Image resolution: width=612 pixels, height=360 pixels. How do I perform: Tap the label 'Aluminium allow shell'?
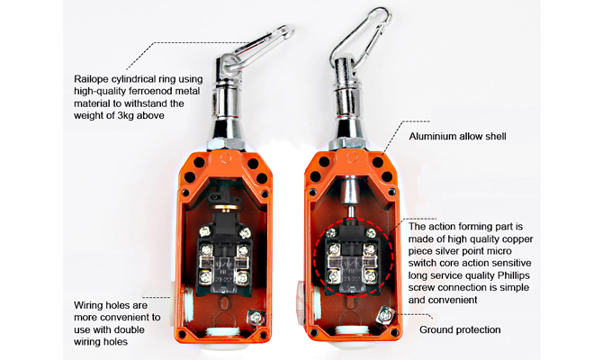(457, 136)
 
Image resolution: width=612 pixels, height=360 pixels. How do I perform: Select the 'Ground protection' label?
(460, 329)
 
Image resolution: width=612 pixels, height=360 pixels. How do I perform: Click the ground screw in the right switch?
(385, 315)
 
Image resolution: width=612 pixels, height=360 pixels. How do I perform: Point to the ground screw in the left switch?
(256, 316)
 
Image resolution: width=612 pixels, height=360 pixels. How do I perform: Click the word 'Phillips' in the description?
(514, 275)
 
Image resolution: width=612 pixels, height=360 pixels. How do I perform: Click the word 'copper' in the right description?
(517, 238)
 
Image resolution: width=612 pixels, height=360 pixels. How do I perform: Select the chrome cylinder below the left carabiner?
(227, 102)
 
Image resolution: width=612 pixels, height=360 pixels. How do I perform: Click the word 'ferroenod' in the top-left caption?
(147, 92)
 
